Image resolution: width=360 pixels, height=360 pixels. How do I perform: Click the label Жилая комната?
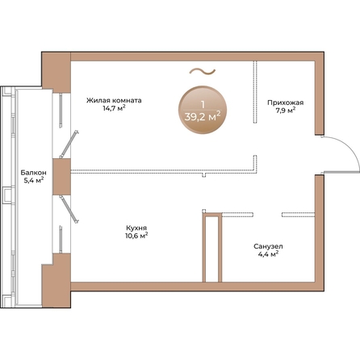click(x=114, y=101)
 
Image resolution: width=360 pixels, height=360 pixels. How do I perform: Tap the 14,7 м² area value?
click(x=115, y=108)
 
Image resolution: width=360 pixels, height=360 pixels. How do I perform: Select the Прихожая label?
click(x=286, y=103)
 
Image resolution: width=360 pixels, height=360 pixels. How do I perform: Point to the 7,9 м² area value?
click(x=286, y=111)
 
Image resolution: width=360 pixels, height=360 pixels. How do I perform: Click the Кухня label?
click(x=136, y=228)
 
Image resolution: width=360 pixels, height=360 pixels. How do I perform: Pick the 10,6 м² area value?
click(x=136, y=236)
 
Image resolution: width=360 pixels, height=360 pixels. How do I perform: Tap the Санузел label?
click(x=268, y=246)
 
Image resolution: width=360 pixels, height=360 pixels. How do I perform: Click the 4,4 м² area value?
click(x=268, y=254)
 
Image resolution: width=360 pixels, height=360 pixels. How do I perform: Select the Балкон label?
click(x=33, y=173)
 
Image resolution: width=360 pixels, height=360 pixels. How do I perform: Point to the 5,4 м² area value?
click(x=34, y=180)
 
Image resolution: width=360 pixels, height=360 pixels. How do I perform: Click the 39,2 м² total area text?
click(x=203, y=117)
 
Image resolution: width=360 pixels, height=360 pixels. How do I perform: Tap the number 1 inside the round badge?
click(x=203, y=104)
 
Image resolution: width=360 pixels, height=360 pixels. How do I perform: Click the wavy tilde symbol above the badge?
click(x=203, y=71)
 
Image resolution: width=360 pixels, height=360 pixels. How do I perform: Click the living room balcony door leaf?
click(x=69, y=144)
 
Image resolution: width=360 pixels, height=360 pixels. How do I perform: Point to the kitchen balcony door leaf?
click(x=69, y=209)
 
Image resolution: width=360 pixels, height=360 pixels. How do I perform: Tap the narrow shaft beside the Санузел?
click(x=212, y=248)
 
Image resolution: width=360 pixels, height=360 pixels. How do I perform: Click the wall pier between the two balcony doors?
click(x=61, y=177)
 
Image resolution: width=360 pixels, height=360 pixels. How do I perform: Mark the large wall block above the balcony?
click(x=57, y=71)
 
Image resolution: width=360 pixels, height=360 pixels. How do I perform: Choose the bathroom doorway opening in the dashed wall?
click(x=267, y=215)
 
